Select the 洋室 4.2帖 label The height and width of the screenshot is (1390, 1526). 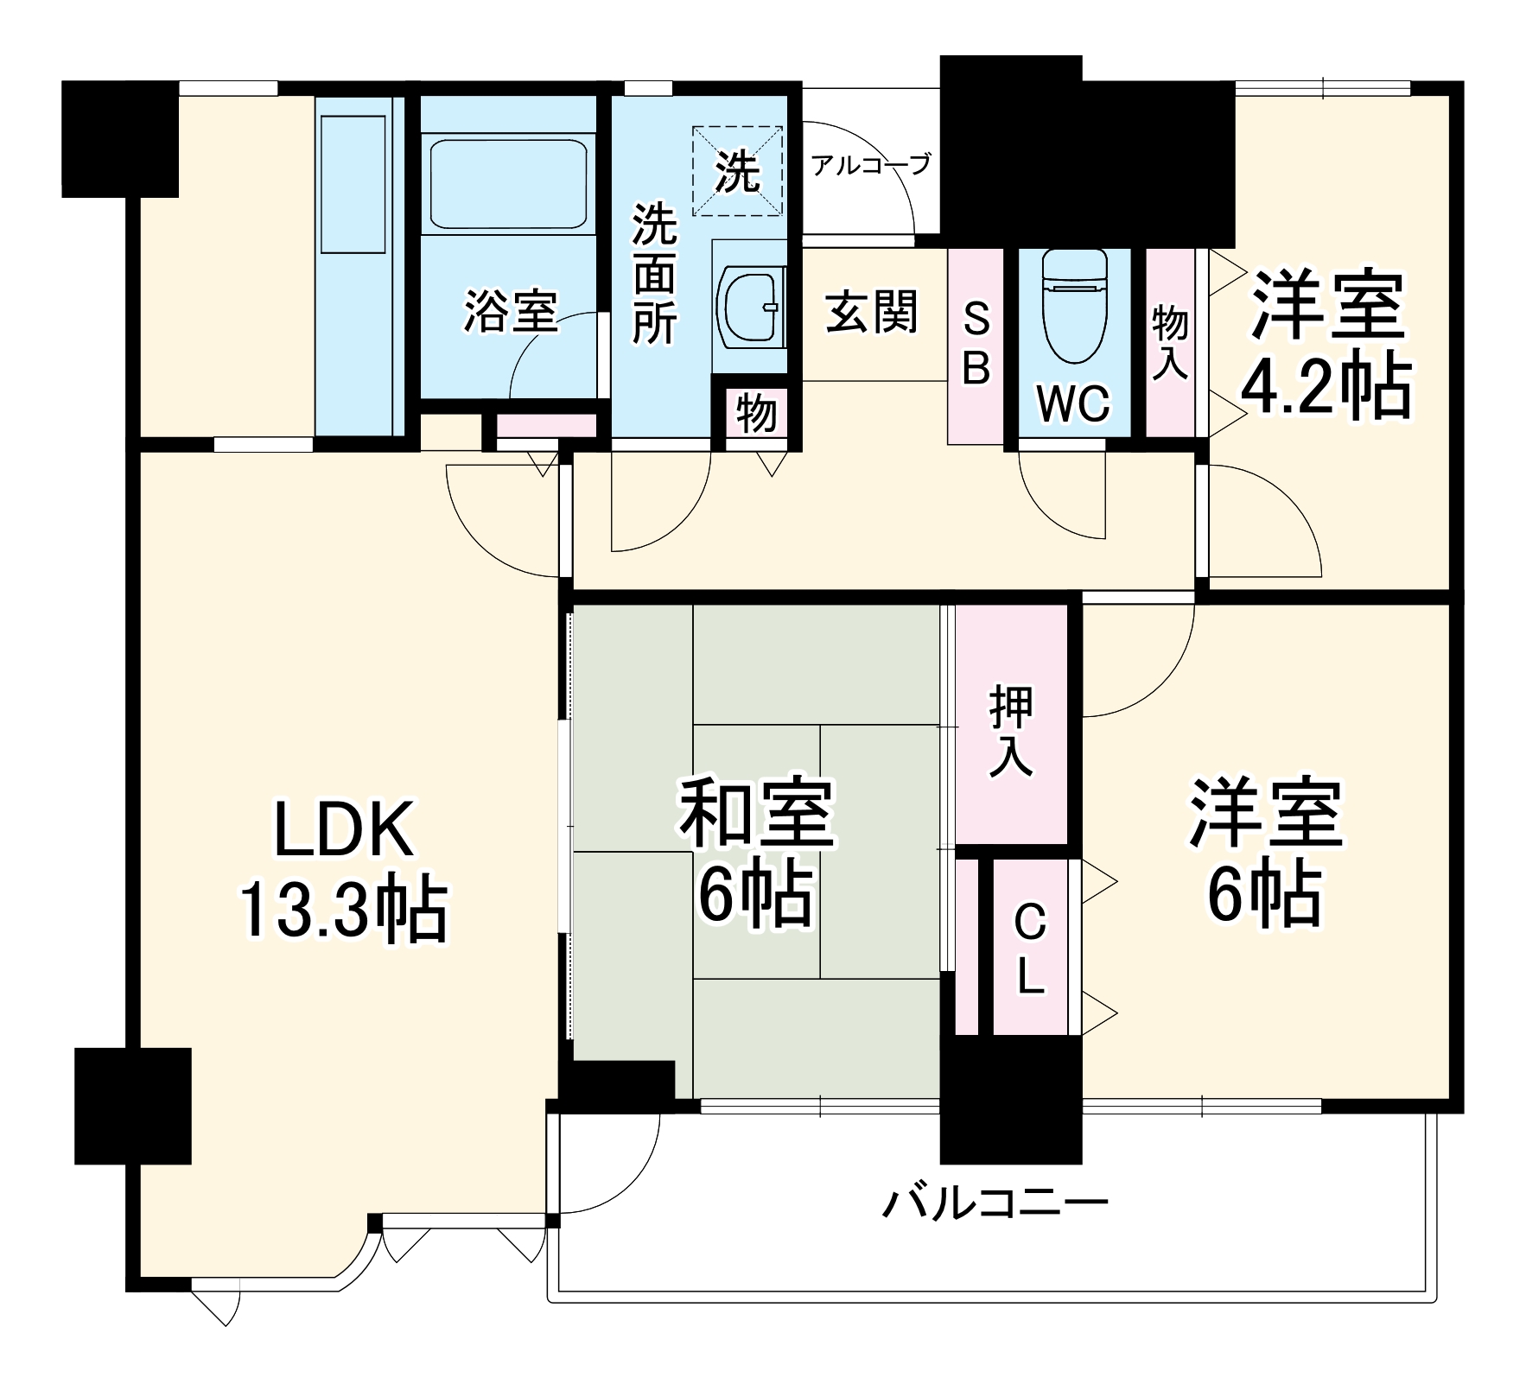(x=1326, y=346)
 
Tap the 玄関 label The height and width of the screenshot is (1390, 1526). (x=871, y=312)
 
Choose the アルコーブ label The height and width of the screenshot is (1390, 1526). (x=871, y=164)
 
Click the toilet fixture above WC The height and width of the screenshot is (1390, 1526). (x=1074, y=307)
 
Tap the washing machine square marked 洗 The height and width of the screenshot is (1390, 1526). (x=738, y=169)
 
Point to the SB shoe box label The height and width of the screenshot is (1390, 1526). (x=976, y=346)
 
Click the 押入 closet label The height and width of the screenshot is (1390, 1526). (x=1011, y=730)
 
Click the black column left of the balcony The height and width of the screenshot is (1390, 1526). (x=132, y=1106)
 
